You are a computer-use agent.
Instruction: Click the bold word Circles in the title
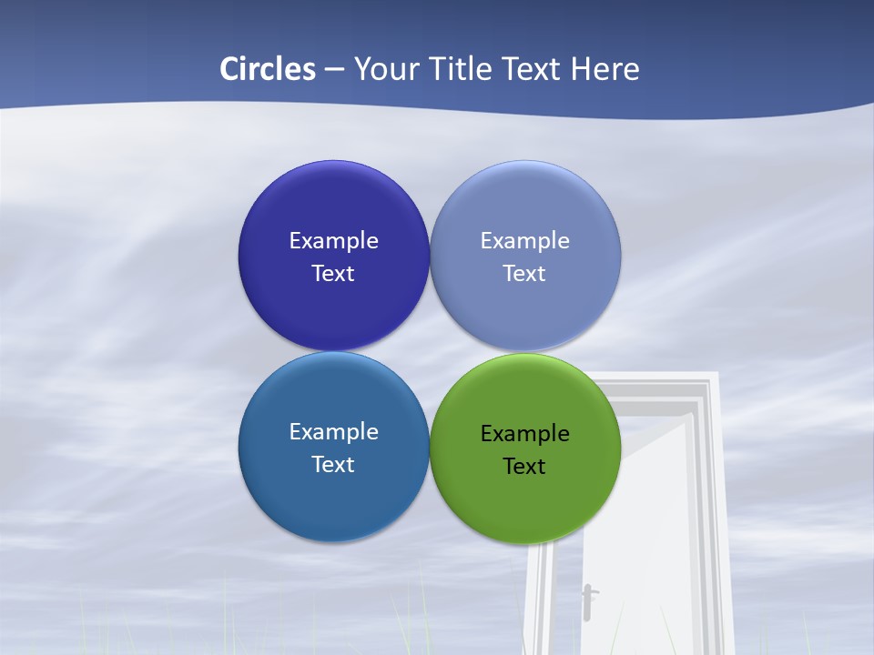[x=268, y=69]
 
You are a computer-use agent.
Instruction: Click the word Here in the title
[x=605, y=69]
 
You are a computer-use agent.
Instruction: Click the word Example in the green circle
[x=525, y=434]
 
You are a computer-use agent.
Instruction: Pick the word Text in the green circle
[x=524, y=467]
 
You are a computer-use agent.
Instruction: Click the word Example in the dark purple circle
[x=333, y=241]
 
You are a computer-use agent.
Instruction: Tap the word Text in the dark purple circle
[x=333, y=274]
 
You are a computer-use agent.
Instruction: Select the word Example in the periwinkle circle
[x=525, y=241]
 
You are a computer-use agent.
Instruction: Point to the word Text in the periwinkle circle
[x=524, y=274]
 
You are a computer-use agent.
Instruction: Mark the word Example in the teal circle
[x=333, y=432]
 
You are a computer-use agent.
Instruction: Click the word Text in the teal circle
[x=333, y=465]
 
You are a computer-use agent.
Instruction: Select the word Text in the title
[x=532, y=69]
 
